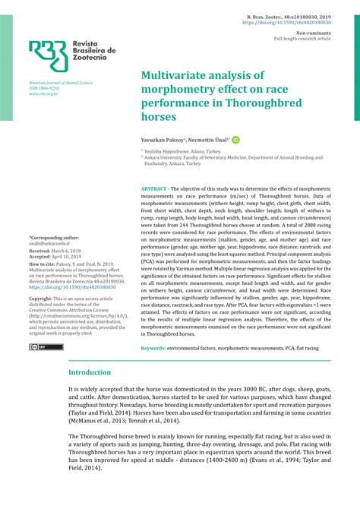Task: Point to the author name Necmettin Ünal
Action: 209,141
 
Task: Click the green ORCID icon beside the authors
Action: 235,141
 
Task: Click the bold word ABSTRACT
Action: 156,188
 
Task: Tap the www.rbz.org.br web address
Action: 45,94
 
